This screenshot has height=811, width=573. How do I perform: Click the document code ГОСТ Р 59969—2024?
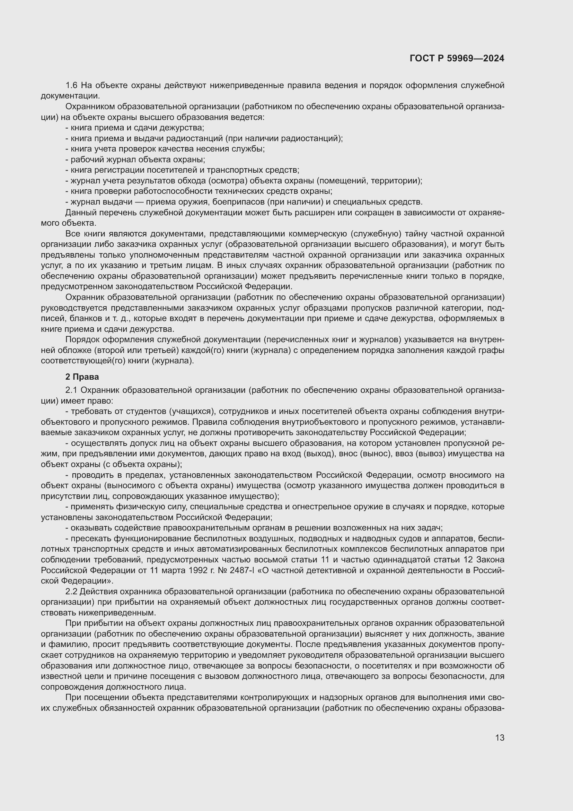(457, 58)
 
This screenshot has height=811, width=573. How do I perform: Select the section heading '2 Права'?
(82, 377)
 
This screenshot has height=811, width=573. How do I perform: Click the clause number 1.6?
(72, 86)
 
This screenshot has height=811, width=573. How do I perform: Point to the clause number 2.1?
(72, 390)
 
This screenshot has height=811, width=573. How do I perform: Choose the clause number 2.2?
(72, 592)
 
